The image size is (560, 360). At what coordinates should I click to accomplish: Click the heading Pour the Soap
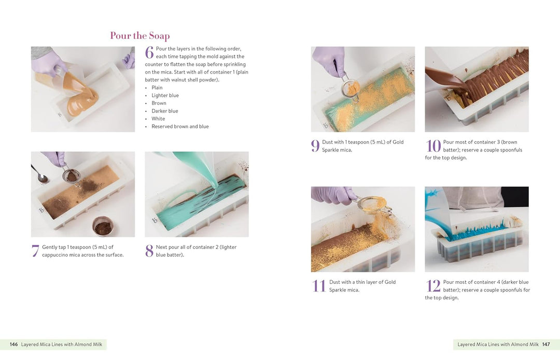click(139, 36)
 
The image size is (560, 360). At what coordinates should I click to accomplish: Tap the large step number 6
click(149, 52)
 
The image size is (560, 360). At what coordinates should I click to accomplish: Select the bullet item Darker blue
click(165, 110)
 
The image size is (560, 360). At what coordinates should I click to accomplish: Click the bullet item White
click(158, 119)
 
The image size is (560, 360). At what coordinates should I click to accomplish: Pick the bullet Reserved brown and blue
click(180, 127)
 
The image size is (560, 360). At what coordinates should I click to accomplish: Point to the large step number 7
click(35, 251)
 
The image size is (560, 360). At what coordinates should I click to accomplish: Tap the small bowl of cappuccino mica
click(103, 227)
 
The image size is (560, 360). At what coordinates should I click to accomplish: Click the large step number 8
click(149, 251)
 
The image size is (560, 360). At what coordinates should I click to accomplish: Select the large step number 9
click(315, 146)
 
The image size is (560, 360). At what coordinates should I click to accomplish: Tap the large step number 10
click(433, 146)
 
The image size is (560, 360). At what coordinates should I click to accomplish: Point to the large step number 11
click(318, 286)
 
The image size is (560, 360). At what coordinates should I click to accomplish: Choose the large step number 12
click(433, 286)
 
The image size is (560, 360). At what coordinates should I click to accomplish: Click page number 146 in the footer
click(14, 344)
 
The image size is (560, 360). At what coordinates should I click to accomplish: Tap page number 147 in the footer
click(546, 344)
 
